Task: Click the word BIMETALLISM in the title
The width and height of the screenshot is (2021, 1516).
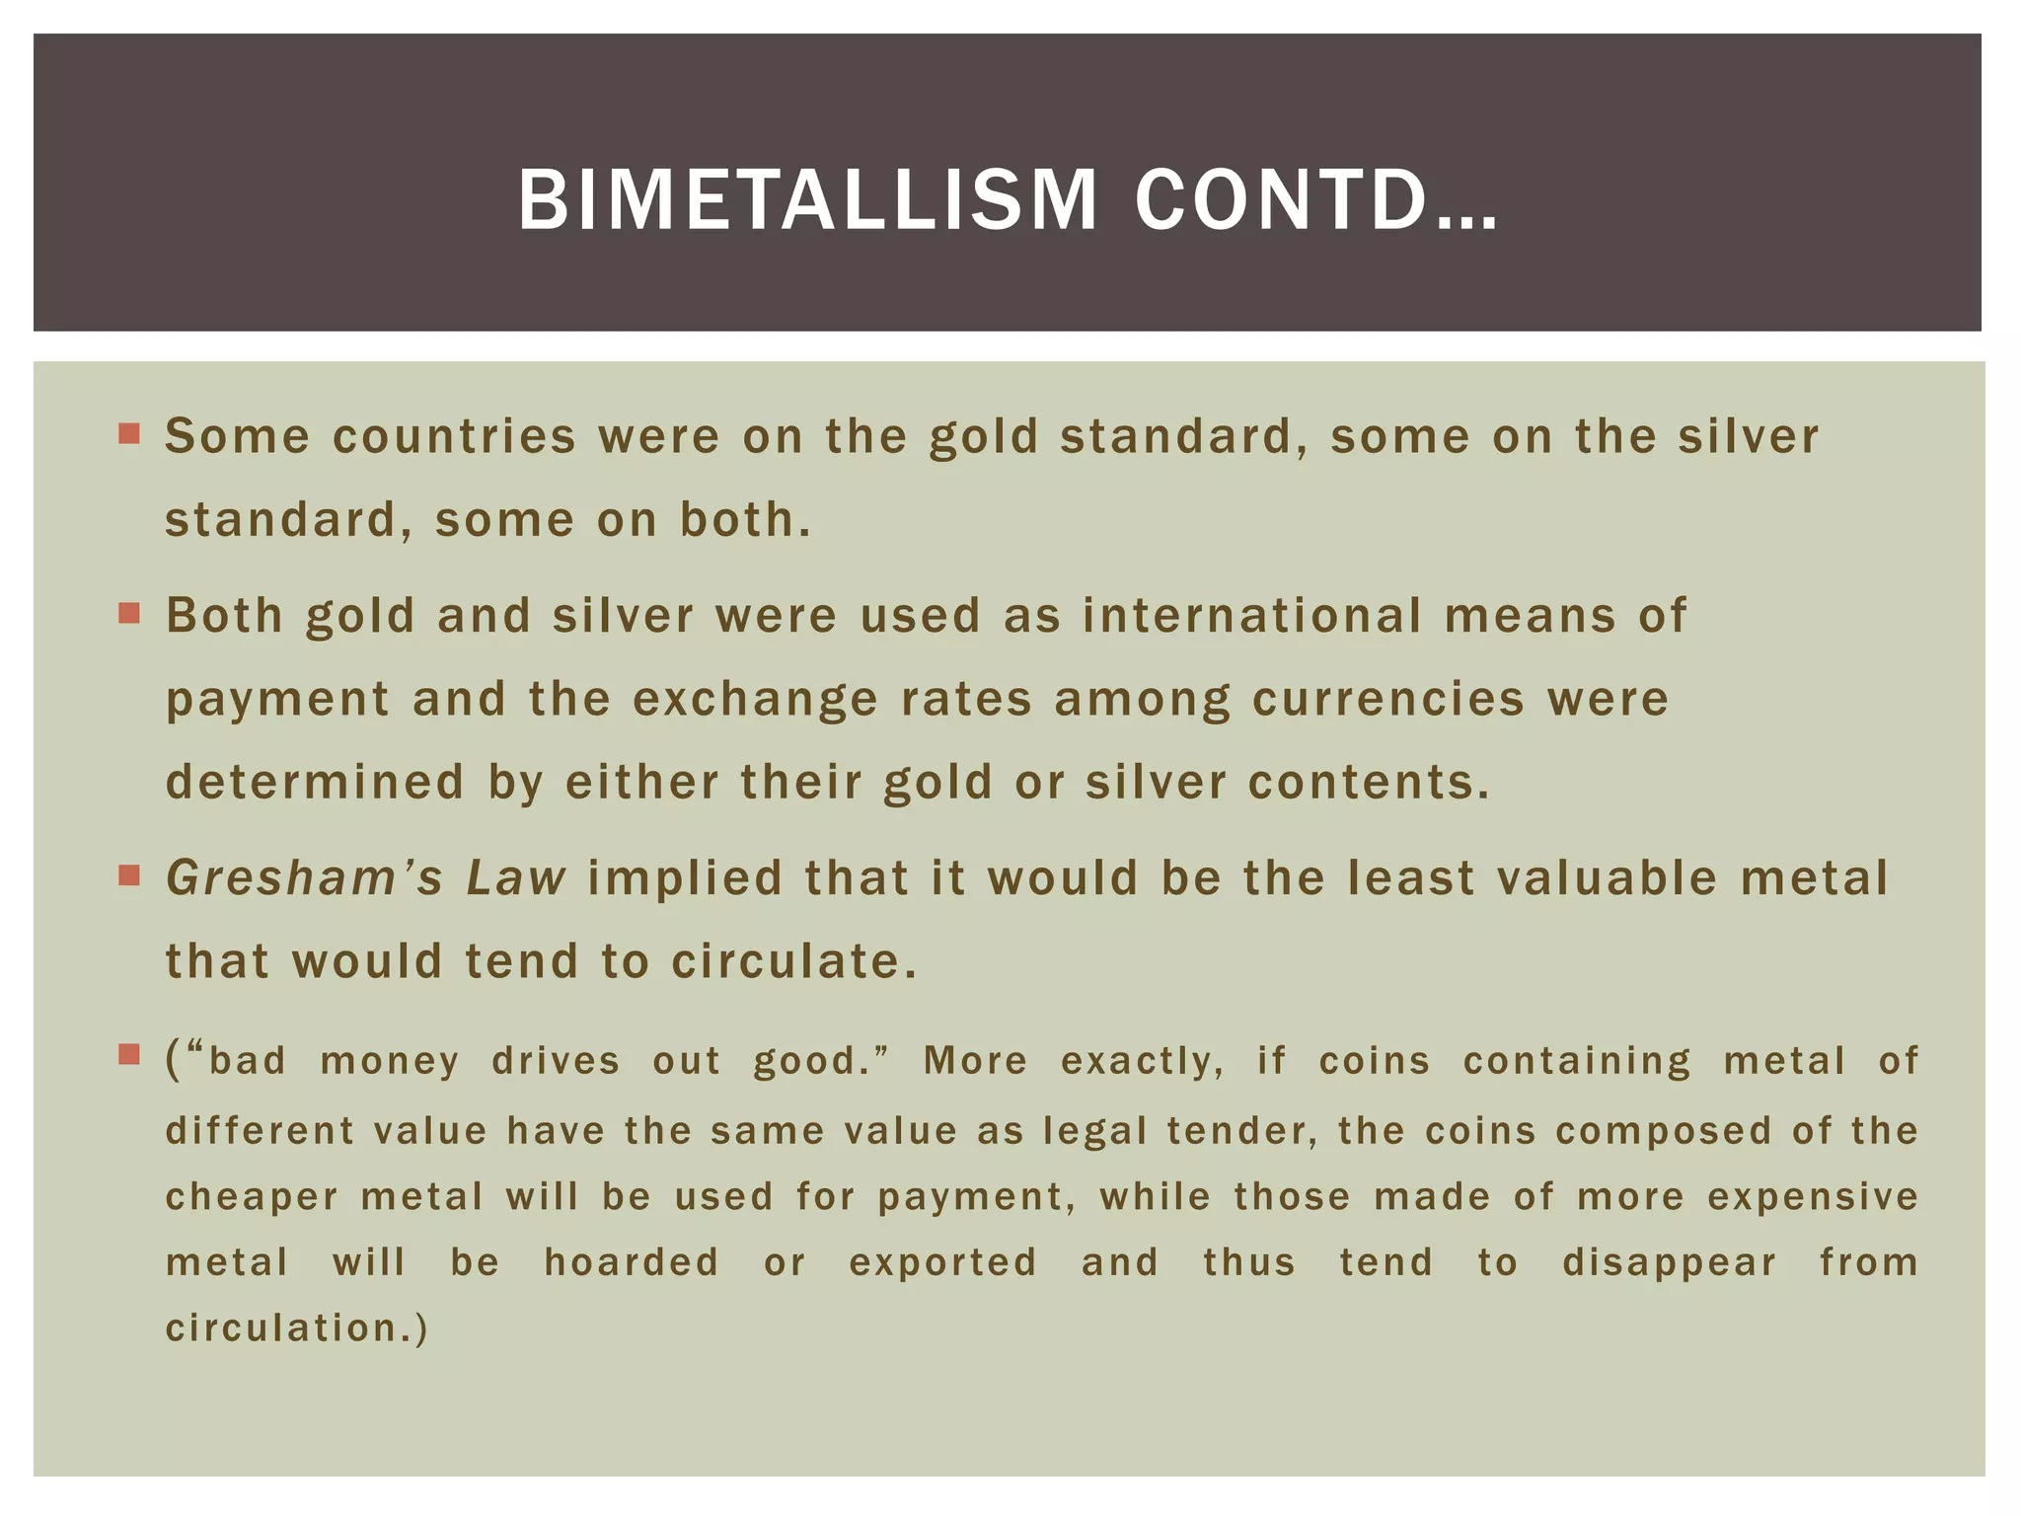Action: [x=807, y=200]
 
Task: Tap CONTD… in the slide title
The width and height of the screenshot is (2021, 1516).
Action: [x=1316, y=200]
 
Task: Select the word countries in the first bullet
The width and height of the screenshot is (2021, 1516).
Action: [x=454, y=437]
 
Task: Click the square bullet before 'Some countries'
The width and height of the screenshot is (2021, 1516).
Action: [x=129, y=433]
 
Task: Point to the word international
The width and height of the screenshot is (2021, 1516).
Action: [x=1252, y=615]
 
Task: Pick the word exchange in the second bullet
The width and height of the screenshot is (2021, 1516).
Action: [x=755, y=699]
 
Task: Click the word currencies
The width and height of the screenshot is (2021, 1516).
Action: [x=1388, y=699]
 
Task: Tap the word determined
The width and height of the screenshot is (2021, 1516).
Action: [x=315, y=782]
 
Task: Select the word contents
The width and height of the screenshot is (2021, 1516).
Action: [x=1368, y=782]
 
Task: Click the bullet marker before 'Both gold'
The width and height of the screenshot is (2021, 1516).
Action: [x=129, y=614]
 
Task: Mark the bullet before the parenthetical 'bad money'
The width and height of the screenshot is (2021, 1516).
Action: [x=129, y=1055]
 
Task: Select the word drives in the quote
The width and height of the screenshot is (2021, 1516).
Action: [x=556, y=1061]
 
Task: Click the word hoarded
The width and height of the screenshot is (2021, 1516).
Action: [x=632, y=1262]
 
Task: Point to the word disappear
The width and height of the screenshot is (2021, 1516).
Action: [x=1669, y=1262]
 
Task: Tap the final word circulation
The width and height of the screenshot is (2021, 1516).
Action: [x=295, y=1328]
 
